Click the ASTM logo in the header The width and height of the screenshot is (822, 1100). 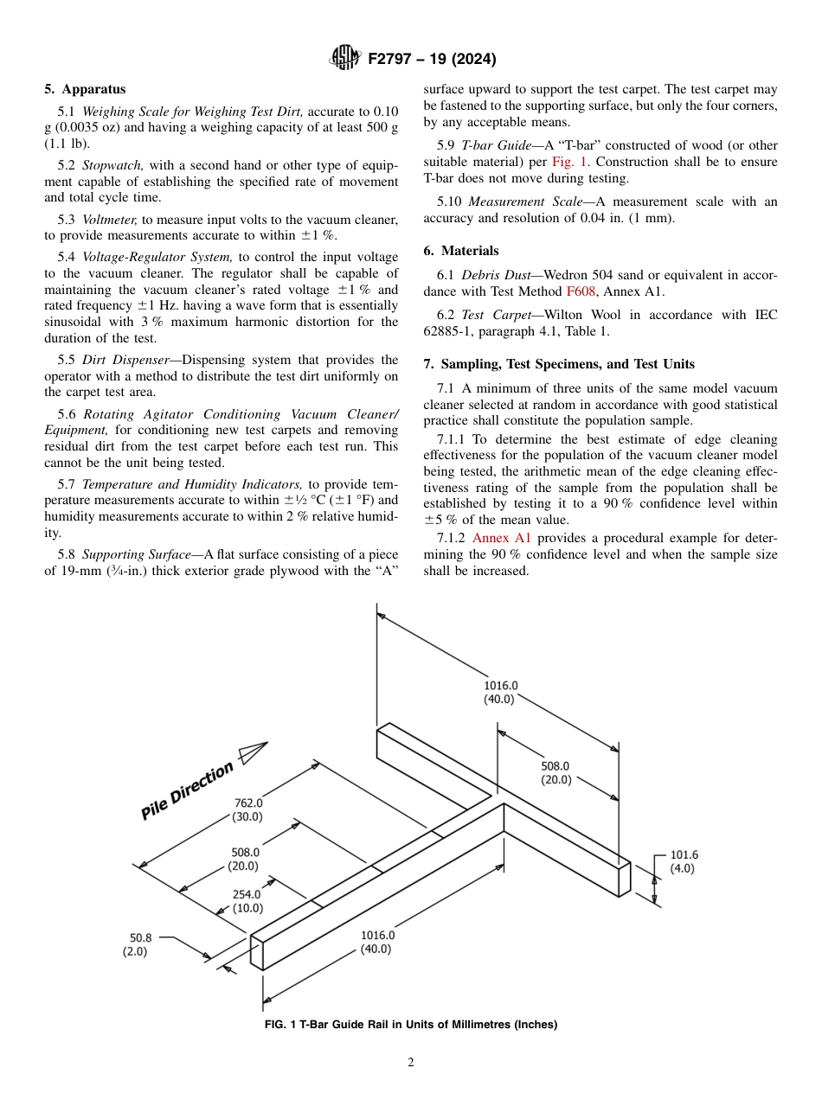pos(345,59)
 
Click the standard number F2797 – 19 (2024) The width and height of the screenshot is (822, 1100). pos(430,60)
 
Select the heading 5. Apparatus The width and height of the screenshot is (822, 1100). pos(85,89)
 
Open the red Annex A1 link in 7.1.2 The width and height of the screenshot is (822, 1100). pos(501,538)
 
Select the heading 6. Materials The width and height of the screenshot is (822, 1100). pos(460,251)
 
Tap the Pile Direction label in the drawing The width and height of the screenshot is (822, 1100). pos(188,790)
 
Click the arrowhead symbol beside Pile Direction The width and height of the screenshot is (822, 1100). pos(252,752)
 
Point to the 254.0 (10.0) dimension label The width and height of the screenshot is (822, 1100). pos(247,902)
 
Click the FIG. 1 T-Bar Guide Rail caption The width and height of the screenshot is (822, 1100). pos(410,1025)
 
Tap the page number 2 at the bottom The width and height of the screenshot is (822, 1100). pos(411,1063)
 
